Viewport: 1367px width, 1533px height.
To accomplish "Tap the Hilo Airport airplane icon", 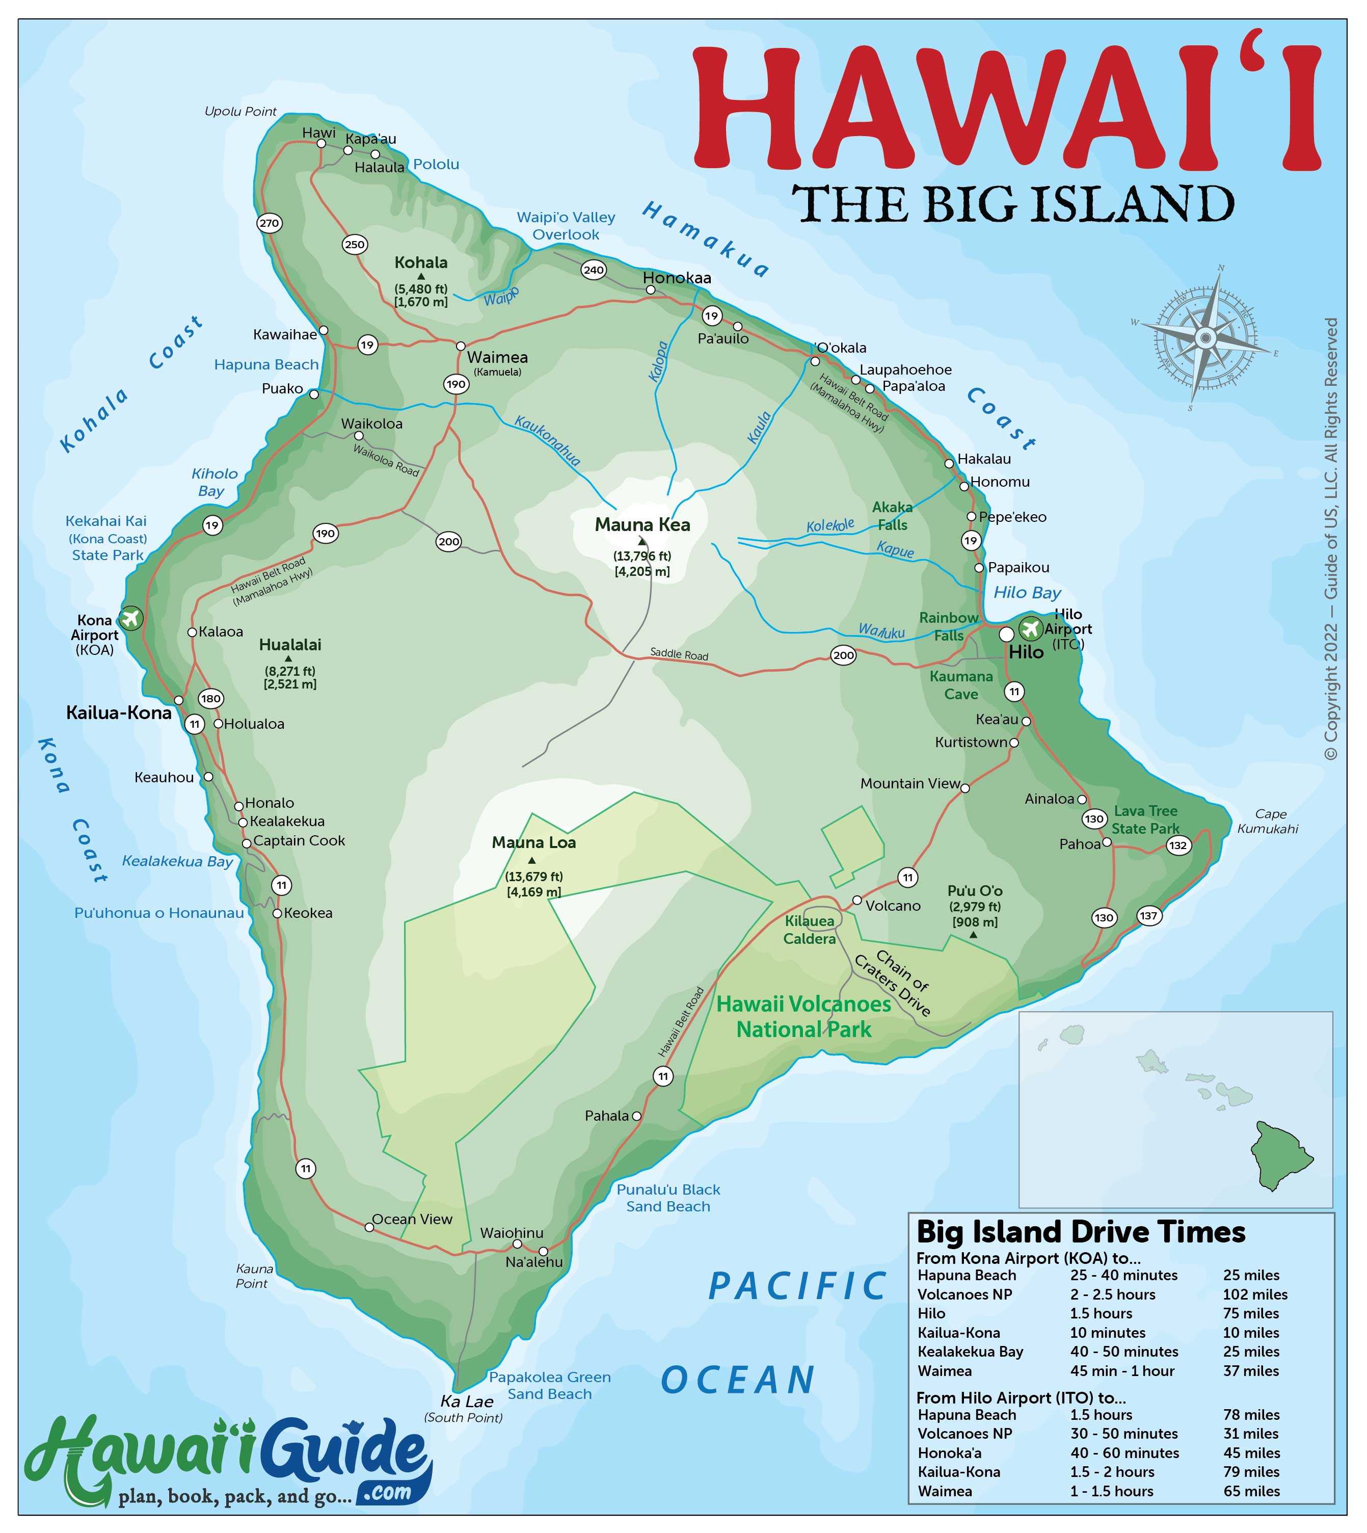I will click(1030, 627).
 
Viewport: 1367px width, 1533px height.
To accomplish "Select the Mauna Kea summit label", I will click(642, 525).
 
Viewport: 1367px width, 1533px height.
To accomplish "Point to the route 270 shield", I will click(269, 223).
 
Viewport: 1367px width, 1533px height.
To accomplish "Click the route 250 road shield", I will click(355, 244).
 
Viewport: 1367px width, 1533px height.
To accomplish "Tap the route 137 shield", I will click(1149, 916).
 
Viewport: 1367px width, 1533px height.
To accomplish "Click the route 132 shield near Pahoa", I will click(1178, 845).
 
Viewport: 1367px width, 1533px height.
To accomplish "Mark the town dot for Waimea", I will click(461, 346).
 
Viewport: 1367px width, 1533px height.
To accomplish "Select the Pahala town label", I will click(607, 1116).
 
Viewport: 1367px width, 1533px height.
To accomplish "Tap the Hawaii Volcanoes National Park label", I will click(803, 1017).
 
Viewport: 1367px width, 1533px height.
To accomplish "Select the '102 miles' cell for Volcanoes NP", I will click(1255, 1294).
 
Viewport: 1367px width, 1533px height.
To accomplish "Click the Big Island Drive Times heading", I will click(1081, 1232).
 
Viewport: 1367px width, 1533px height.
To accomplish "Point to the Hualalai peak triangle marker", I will click(288, 659).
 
